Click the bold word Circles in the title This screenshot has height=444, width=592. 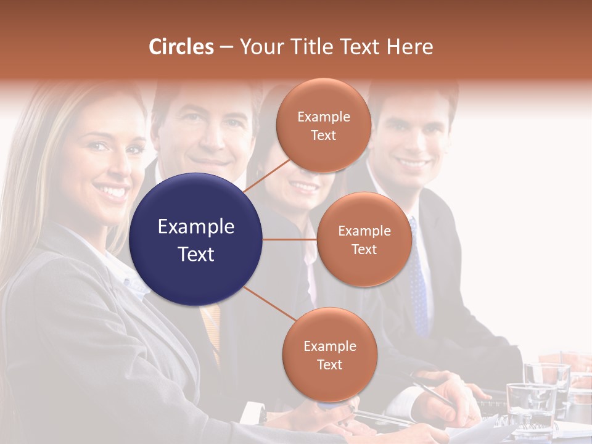click(x=181, y=47)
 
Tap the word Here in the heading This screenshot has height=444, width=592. click(x=408, y=47)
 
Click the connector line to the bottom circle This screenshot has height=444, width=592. click(x=269, y=303)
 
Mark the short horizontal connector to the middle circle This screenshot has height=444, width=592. click(x=290, y=239)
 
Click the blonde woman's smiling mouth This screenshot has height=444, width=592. click(x=112, y=192)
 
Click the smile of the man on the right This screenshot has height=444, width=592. click(x=413, y=165)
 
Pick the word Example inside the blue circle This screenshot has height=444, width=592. click(x=196, y=227)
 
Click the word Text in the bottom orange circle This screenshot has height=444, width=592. click(x=329, y=364)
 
